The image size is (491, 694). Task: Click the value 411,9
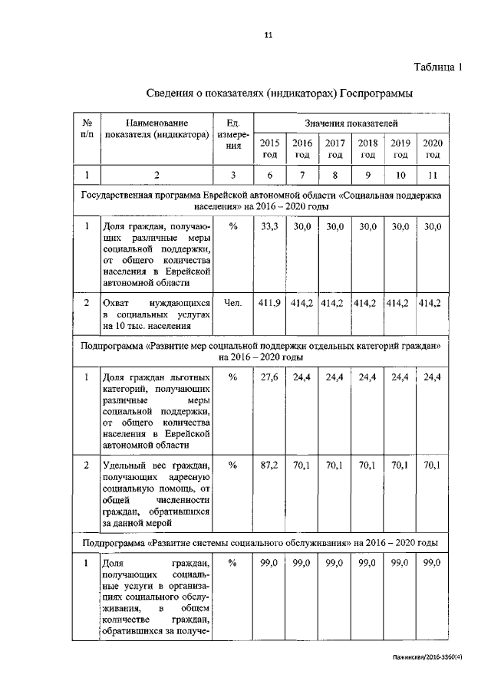(x=270, y=304)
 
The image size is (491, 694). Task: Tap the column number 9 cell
(x=367, y=176)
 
